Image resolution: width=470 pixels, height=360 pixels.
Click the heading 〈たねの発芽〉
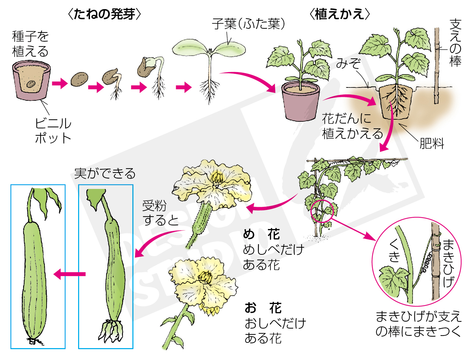pos(104,14)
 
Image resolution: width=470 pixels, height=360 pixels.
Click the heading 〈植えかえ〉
pos(339,14)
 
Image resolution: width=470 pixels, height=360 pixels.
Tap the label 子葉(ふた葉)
pos(248,24)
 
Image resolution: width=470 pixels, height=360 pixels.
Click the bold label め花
pos(261,234)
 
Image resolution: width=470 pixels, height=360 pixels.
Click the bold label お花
pos(263,308)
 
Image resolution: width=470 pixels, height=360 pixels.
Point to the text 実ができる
pos(105,173)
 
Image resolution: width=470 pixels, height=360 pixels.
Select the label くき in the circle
pos(394,251)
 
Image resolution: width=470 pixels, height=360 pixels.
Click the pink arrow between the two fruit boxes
pos(70,274)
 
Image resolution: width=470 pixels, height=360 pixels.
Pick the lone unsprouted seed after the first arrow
pos(80,79)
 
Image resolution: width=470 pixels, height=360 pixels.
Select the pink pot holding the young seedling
pos(301,102)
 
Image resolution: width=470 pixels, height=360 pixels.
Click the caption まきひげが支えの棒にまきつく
pos(418,324)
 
